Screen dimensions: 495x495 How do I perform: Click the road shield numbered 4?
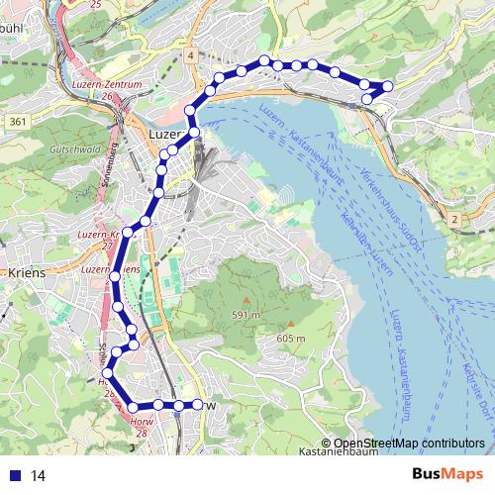[188, 56]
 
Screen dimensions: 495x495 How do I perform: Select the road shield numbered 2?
[453, 219]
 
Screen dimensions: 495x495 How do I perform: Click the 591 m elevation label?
[247, 315]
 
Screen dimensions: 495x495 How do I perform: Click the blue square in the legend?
[14, 475]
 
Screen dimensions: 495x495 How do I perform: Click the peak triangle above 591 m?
[247, 299]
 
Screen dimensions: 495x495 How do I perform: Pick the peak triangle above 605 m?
[291, 323]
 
